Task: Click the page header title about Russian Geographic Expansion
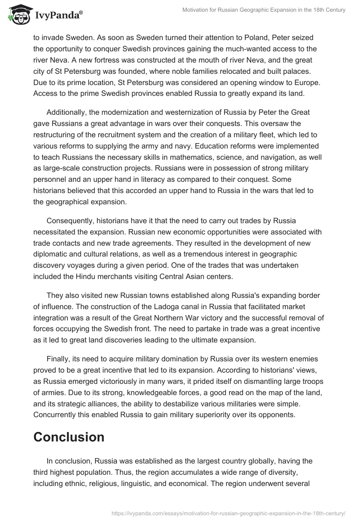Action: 264,10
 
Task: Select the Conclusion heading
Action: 69,436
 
